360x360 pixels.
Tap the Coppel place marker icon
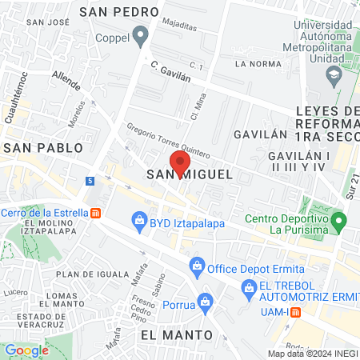(141, 35)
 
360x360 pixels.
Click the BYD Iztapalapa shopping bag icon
(139, 218)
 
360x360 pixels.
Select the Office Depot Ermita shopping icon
(196, 265)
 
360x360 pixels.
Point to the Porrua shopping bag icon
(206, 301)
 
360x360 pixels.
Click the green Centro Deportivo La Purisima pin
(338, 219)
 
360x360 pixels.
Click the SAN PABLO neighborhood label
(43, 148)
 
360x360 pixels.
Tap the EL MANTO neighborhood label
(176, 334)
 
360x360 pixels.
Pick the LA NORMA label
(255, 62)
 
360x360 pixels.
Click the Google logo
(27, 350)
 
